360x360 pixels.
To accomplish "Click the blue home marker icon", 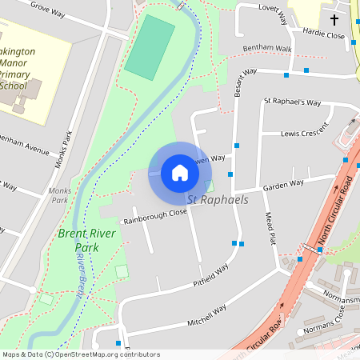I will pyautogui.click(x=180, y=172).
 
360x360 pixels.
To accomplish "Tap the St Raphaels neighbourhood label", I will pyautogui.click(x=218, y=200).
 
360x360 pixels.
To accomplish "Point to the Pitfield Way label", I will pyautogui.click(x=211, y=277).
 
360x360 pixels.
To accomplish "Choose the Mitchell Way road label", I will pyautogui.click(x=207, y=313).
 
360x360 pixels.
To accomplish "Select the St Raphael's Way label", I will pyautogui.click(x=292, y=102).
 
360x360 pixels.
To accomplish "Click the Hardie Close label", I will pyautogui.click(x=323, y=34).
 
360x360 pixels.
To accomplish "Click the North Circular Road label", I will pyautogui.click(x=334, y=213).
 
